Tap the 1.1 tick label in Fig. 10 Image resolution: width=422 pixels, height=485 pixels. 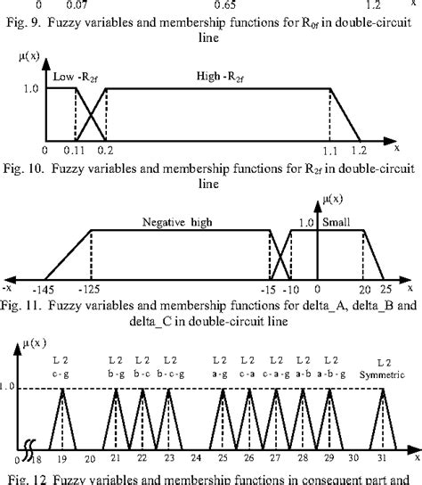tap(331, 153)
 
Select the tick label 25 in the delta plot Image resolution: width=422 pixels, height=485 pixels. tap(383, 290)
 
